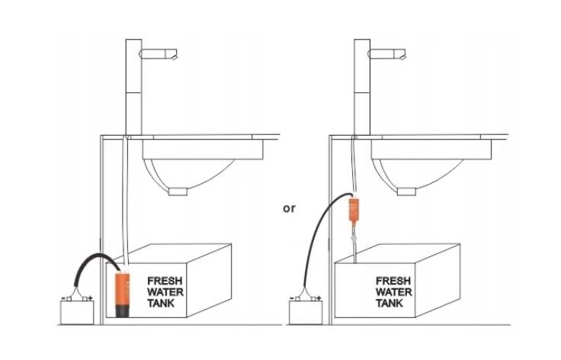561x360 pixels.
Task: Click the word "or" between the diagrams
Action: [x=289, y=207]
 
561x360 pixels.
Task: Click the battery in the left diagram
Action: [x=75, y=311]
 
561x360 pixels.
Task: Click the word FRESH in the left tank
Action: [x=164, y=280]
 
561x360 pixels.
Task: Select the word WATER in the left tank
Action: [x=164, y=291]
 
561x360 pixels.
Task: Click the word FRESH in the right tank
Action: [x=393, y=280]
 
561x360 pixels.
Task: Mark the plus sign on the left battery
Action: [x=90, y=297]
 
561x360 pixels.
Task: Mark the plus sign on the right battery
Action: [x=319, y=297]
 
